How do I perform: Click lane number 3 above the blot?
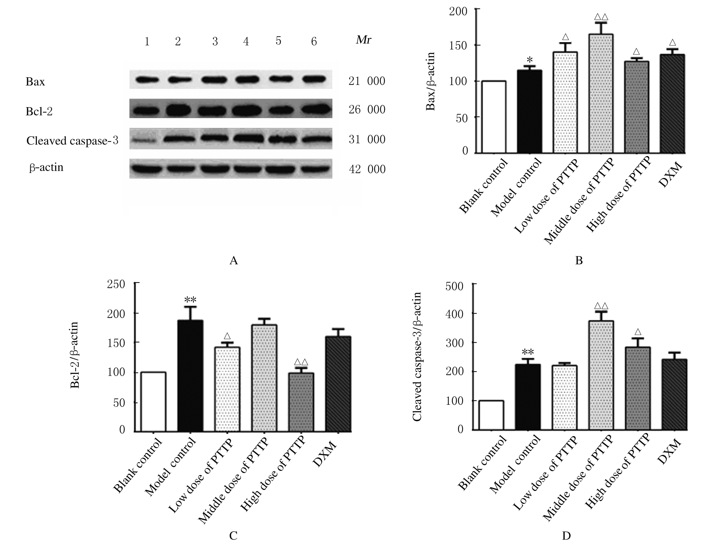(x=215, y=42)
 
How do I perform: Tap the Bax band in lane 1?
(x=147, y=80)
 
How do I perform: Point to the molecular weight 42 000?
(x=367, y=169)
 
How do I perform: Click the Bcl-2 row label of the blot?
(x=39, y=112)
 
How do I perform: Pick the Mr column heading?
(x=364, y=40)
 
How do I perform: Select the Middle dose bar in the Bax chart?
(x=601, y=93)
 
